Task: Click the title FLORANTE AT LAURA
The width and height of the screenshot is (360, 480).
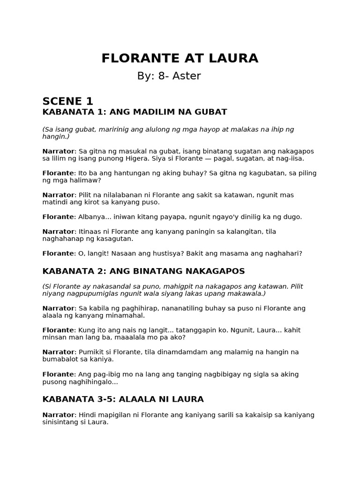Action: [x=180, y=59]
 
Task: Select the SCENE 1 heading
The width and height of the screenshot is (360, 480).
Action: [x=68, y=101]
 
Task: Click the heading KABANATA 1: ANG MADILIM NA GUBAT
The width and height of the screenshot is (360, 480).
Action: [x=135, y=112]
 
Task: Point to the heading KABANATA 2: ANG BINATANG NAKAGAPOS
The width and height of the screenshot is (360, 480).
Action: [x=143, y=271]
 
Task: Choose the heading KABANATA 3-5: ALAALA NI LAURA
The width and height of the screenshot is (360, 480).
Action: [x=123, y=399]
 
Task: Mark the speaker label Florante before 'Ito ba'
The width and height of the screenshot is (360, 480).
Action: [x=58, y=173]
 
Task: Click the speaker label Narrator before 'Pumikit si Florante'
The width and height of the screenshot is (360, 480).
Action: [x=59, y=352]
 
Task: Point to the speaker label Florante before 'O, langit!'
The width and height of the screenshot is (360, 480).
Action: [x=58, y=254]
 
